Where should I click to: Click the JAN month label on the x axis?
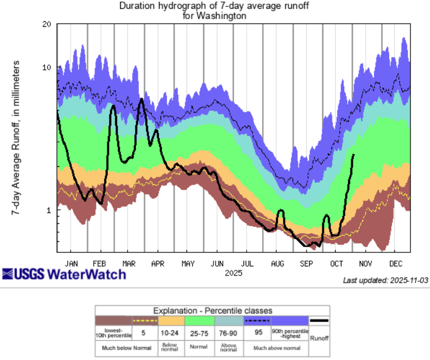click(x=72, y=263)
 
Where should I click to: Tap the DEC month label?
click(x=396, y=263)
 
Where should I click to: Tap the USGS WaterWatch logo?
click(x=64, y=273)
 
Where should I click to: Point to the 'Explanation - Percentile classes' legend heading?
click(x=212, y=311)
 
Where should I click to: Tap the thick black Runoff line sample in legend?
click(x=318, y=321)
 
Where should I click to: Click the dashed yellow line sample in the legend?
click(x=142, y=321)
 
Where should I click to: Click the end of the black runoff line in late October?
click(x=354, y=154)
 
